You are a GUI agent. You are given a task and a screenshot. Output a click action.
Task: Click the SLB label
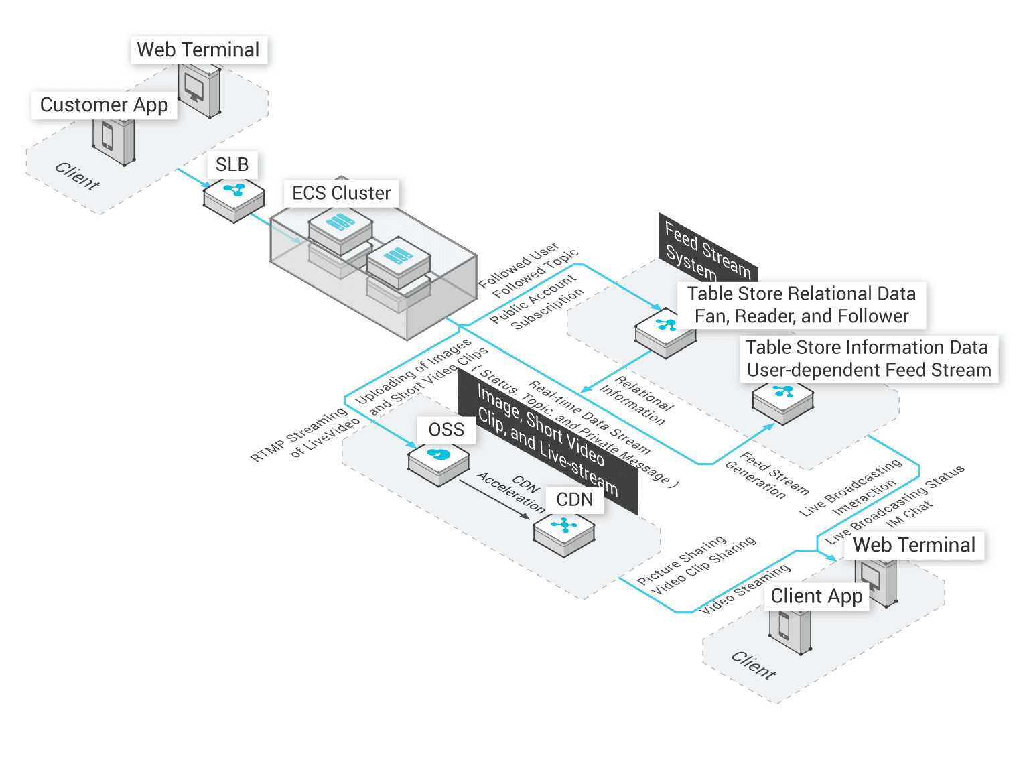click(x=232, y=164)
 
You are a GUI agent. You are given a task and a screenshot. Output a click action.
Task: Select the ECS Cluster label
click(x=341, y=193)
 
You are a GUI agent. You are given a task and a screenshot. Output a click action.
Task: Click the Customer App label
click(x=104, y=105)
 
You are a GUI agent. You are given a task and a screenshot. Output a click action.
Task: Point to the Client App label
click(x=816, y=596)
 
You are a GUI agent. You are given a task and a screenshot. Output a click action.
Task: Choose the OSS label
click(x=446, y=430)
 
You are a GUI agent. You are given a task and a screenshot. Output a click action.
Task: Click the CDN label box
click(x=574, y=499)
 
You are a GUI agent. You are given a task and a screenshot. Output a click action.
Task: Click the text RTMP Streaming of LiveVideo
click(x=305, y=436)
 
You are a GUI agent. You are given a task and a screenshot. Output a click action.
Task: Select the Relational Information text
click(x=636, y=401)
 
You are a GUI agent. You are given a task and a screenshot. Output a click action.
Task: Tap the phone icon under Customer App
click(x=109, y=138)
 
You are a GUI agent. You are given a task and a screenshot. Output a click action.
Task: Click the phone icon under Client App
click(x=785, y=627)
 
